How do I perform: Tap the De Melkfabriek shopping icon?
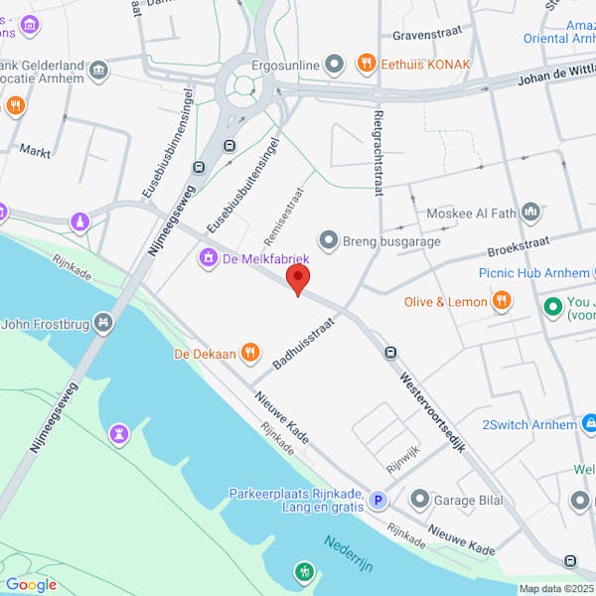[209, 258]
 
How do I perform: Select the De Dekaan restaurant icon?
[250, 352]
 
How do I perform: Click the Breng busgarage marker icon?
[329, 239]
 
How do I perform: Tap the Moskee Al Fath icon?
[530, 213]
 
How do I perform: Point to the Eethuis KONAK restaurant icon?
[367, 64]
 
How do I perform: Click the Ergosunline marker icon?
[335, 64]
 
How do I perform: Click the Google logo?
[31, 584]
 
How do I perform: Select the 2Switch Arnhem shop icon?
[591, 424]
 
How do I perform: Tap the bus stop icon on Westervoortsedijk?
[390, 352]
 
